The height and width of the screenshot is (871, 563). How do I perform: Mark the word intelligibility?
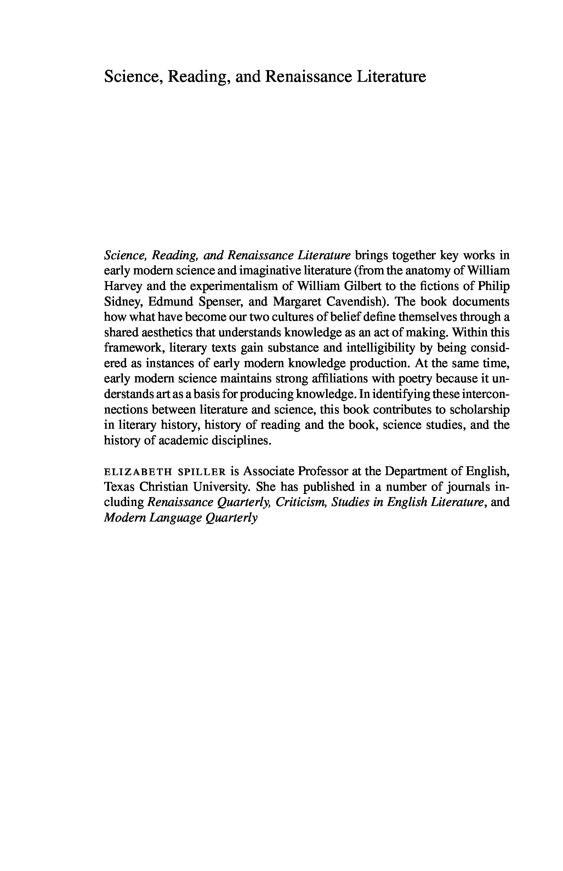click(x=380, y=348)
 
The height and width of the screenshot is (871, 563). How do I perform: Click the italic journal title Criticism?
click(x=301, y=502)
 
